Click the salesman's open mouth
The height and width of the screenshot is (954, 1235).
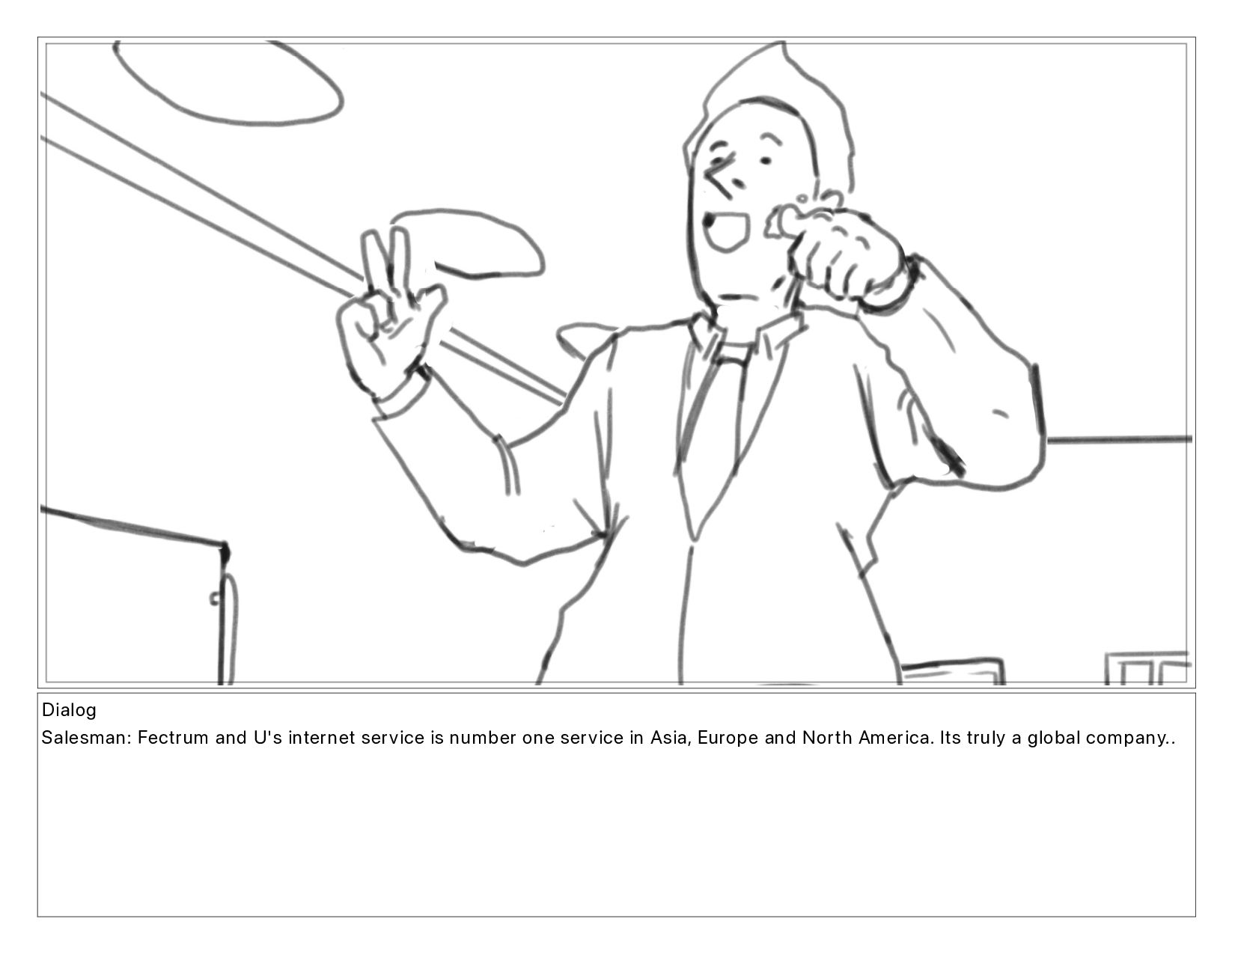point(728,231)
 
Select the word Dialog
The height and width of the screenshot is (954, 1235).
point(69,710)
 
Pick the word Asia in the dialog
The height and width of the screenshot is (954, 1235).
point(671,738)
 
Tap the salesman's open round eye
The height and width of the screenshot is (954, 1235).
point(766,162)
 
